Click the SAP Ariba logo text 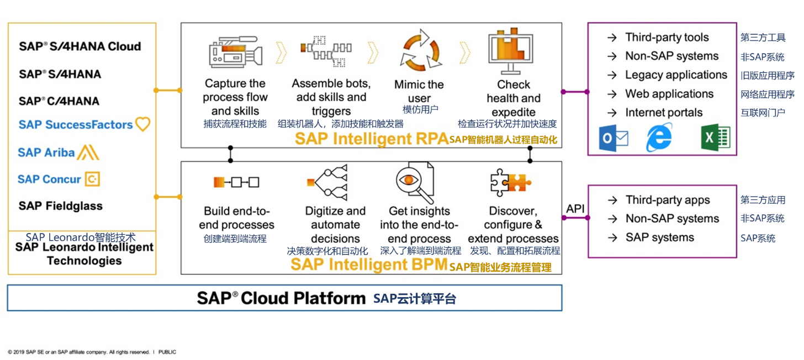point(46,152)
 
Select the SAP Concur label point(49,179)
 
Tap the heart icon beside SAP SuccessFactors point(142,124)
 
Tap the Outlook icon point(613,138)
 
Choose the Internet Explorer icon point(659,137)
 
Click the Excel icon point(716,137)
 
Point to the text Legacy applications point(676,75)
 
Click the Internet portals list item point(663,112)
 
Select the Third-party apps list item point(667,200)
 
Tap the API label point(575,208)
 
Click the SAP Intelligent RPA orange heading point(371,139)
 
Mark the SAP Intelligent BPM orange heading point(369,264)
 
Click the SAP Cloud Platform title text point(281,298)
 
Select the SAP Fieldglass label point(61,206)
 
